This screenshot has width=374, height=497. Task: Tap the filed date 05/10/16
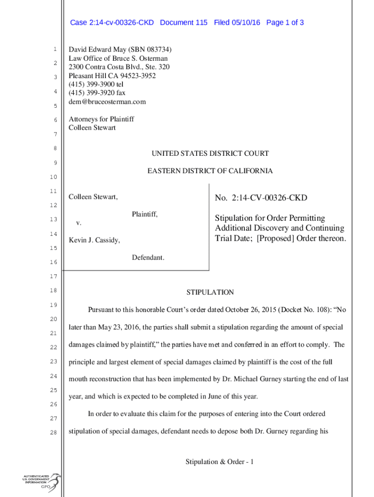246,22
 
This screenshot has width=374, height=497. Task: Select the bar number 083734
154,50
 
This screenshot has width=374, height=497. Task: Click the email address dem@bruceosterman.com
107,102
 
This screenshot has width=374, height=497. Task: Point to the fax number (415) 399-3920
91,93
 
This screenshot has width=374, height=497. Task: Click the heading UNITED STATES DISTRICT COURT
210,153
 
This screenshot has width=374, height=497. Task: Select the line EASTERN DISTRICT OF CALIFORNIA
210,171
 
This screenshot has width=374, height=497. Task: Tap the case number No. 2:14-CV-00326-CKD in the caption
261,198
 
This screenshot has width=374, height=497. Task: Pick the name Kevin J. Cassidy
94,240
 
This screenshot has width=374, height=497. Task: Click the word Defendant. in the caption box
148,257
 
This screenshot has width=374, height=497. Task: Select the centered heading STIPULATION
210,292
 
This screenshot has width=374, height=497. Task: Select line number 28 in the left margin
55,433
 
